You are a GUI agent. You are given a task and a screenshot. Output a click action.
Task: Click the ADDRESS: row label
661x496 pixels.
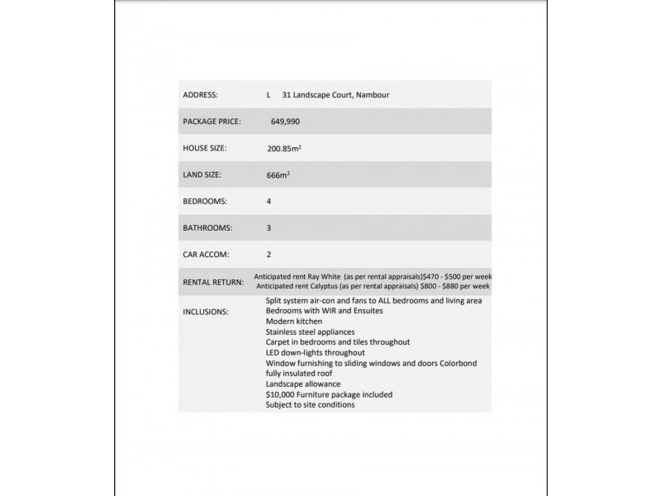pos(200,95)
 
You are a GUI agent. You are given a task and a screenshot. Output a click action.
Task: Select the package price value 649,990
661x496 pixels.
pos(286,122)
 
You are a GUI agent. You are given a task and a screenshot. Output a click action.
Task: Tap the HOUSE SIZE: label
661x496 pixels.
pos(204,148)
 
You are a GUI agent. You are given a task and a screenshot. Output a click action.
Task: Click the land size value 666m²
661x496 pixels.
pos(278,174)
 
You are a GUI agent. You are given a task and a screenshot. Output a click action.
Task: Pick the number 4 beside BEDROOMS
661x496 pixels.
pos(269,201)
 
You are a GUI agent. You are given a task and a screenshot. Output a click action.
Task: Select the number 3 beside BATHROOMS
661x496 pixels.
pos(269,227)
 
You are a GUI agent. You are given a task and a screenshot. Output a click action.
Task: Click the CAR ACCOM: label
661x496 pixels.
pos(205,254)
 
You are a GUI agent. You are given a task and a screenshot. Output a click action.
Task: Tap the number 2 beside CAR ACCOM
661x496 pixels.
pos(269,254)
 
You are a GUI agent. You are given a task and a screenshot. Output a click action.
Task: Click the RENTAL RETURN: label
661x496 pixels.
pos(212,282)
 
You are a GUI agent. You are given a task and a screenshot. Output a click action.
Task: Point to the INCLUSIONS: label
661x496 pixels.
pos(205,312)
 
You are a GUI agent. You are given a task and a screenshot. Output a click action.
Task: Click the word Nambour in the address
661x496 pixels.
pos(373,95)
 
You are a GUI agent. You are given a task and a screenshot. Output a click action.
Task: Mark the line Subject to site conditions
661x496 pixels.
pos(310,405)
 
